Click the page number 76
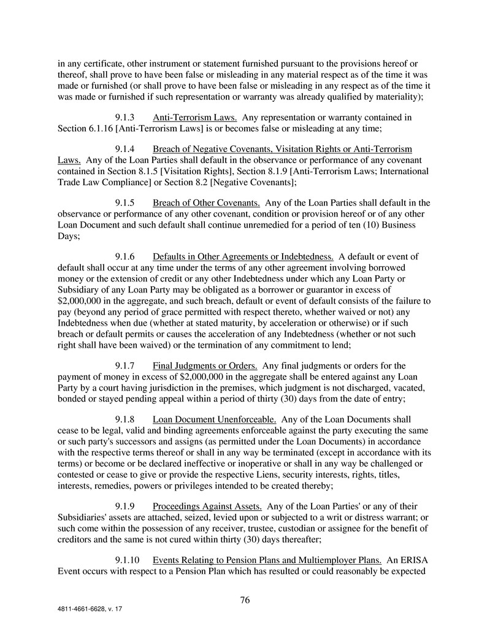coord(245,600)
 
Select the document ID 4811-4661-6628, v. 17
coord(91,611)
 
